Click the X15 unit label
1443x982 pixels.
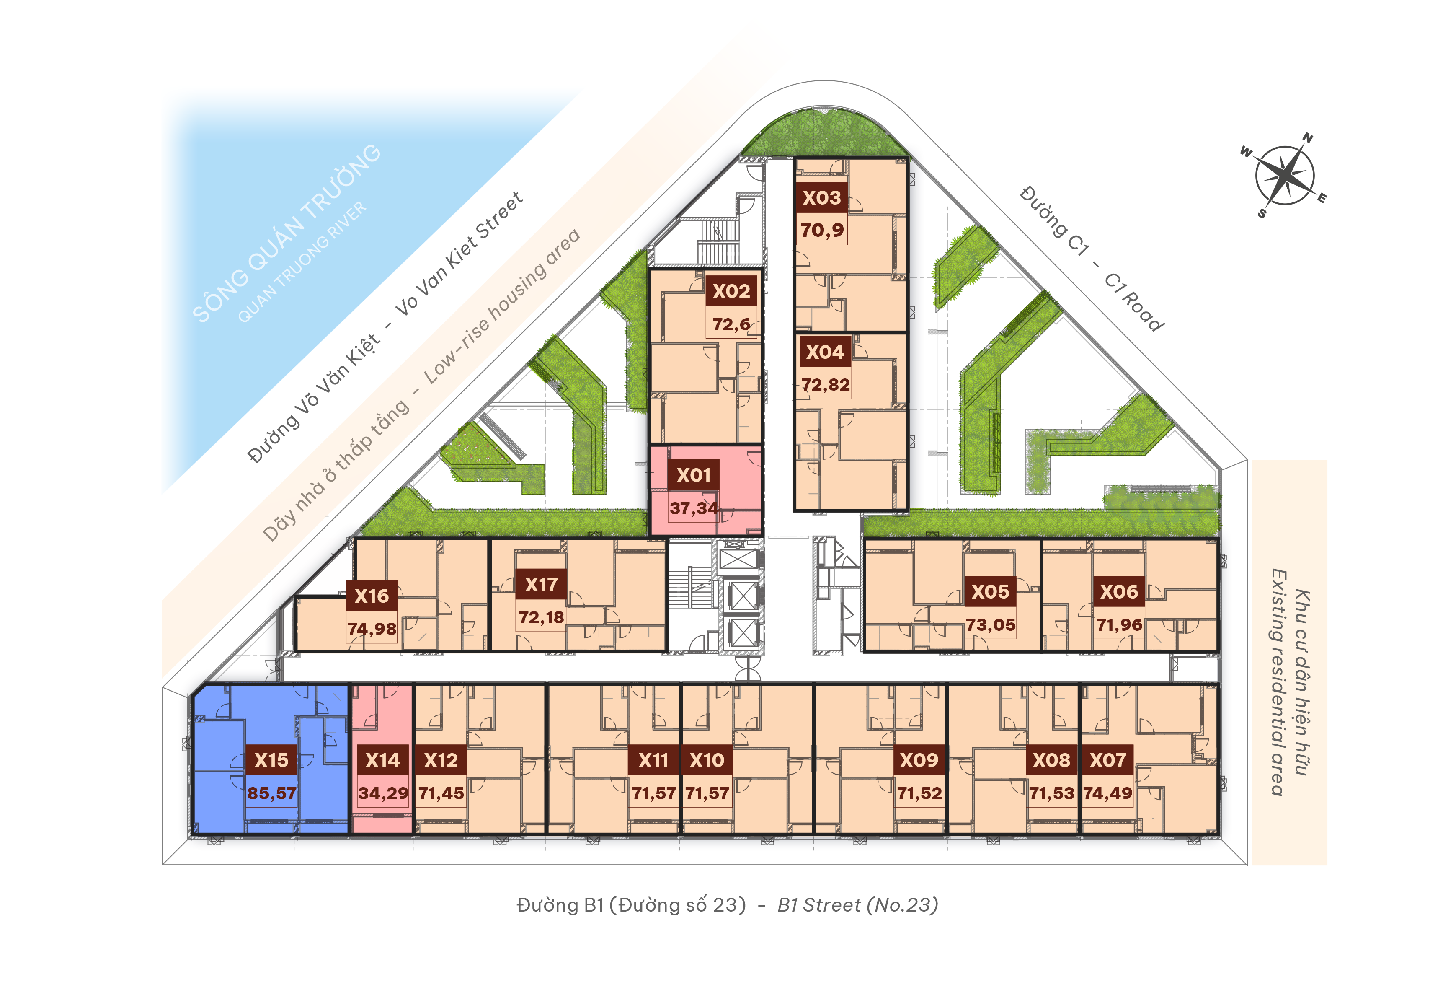coord(271,759)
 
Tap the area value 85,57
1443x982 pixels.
coord(272,793)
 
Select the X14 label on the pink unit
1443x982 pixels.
coord(382,759)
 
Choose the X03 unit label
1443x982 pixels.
coord(821,197)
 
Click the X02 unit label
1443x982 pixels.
coord(731,291)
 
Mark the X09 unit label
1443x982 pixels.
coord(919,759)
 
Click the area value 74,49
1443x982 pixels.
coord(1108,793)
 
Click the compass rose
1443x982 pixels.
coord(1284,175)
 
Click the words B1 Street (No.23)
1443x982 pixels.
coord(857,905)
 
